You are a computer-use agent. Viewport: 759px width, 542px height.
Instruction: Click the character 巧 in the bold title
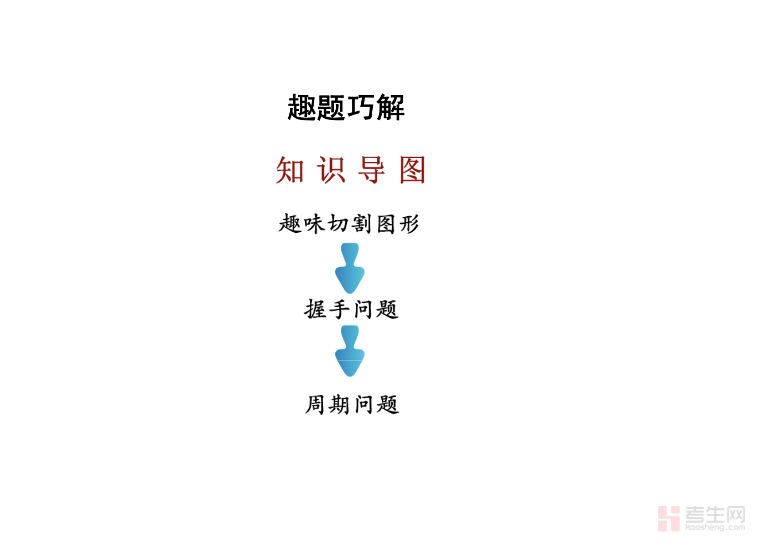(x=361, y=107)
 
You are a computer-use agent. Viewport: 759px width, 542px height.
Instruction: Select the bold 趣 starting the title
(x=302, y=107)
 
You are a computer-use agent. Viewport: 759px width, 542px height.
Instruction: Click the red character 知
(x=290, y=170)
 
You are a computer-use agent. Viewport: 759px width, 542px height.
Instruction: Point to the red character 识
(x=331, y=170)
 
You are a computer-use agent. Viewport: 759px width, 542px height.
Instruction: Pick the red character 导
(x=372, y=170)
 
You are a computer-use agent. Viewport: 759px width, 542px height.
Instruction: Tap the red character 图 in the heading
(x=412, y=170)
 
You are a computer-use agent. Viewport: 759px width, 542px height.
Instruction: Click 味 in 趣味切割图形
(x=314, y=224)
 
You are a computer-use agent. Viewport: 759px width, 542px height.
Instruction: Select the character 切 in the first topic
(x=338, y=224)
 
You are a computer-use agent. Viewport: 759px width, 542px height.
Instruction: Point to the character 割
(x=361, y=224)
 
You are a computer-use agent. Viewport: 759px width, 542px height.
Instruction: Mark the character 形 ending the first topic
(x=409, y=224)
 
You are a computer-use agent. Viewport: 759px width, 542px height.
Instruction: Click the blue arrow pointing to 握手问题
(x=350, y=268)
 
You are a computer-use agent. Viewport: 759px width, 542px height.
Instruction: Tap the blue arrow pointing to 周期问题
(x=350, y=351)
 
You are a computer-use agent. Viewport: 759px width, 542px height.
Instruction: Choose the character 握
(x=315, y=309)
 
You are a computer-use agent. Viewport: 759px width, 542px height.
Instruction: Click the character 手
(x=339, y=309)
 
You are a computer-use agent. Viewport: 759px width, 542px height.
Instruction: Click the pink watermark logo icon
(x=669, y=519)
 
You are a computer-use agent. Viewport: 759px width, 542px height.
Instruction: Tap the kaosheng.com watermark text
(x=715, y=527)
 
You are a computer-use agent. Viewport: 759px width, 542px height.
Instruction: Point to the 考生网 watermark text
(x=715, y=514)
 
